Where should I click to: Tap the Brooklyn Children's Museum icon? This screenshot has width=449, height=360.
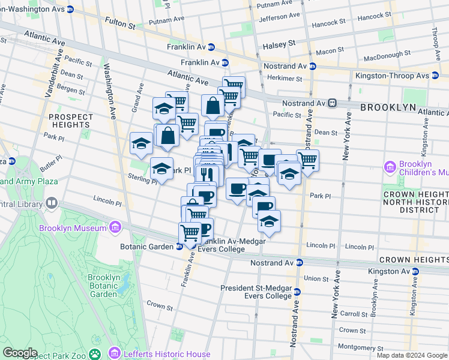[390, 165]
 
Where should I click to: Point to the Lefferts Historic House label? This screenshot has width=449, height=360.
[167, 354]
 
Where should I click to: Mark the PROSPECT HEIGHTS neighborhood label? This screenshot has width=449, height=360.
[71, 121]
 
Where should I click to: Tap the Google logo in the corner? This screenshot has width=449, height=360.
[19, 353]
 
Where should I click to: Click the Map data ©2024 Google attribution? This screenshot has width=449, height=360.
[411, 355]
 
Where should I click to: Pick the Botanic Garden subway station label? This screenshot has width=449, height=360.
[148, 246]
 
